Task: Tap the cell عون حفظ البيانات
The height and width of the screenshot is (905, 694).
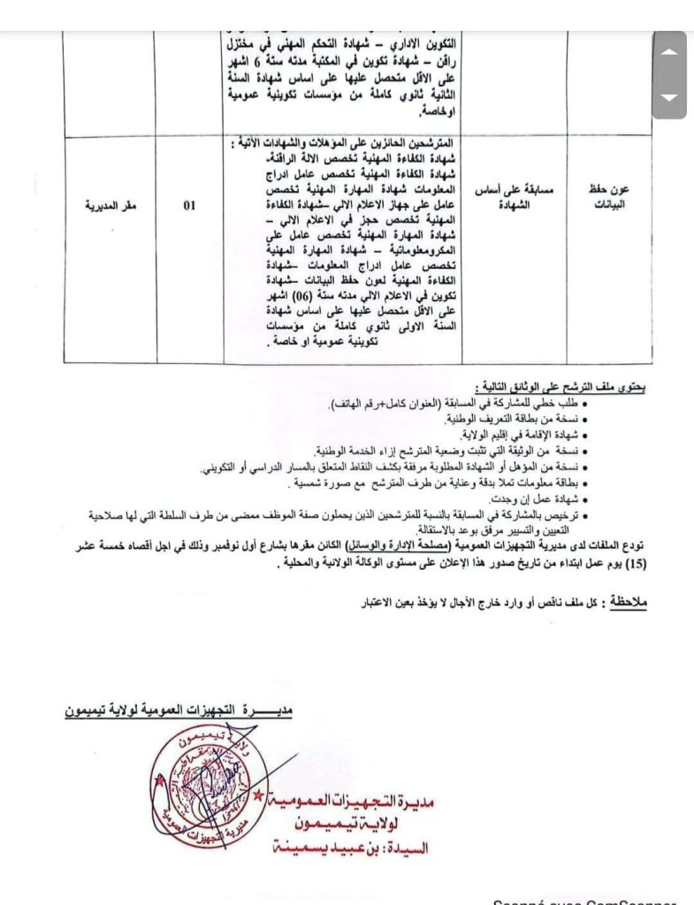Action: [607, 197]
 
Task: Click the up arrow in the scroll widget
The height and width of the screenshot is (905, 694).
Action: [669, 52]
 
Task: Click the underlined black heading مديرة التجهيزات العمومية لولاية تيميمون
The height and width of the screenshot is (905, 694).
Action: [179, 709]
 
